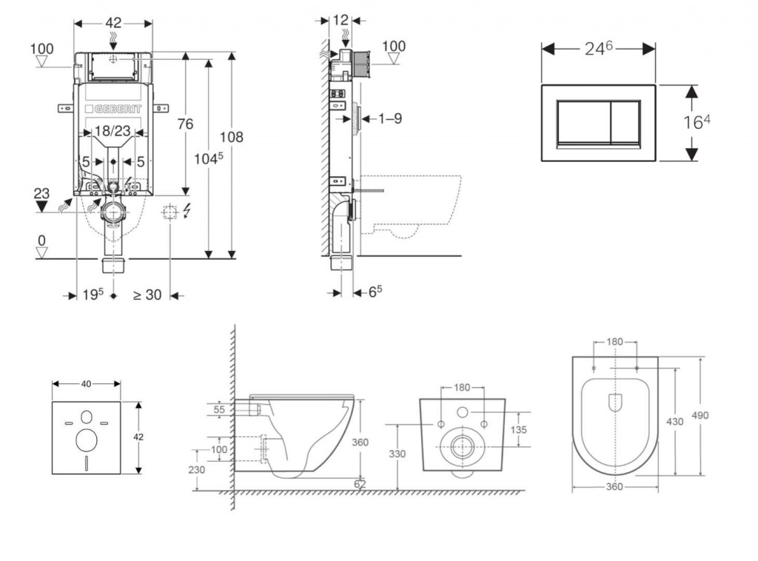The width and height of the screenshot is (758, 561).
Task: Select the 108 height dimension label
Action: pos(231,137)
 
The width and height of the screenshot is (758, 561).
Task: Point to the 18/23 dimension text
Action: pos(113,131)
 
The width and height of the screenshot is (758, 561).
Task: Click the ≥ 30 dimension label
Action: pos(147,294)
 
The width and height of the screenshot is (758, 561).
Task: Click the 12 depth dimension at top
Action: pos(341,20)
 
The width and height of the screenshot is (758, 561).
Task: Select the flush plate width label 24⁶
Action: pos(598,48)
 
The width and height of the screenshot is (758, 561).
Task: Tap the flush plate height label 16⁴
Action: pos(696,122)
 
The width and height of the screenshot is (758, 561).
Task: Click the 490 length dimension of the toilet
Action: pos(700,415)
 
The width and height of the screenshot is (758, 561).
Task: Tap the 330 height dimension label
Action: pos(398,453)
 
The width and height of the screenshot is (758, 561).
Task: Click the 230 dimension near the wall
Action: pos(196,469)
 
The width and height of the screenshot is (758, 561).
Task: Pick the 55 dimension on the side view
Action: pos(221,408)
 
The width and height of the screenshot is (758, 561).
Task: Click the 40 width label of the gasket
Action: pos(86,383)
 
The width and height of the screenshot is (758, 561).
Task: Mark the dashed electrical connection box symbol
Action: pos(170,212)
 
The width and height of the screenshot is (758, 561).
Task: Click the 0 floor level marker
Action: pos(41,241)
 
